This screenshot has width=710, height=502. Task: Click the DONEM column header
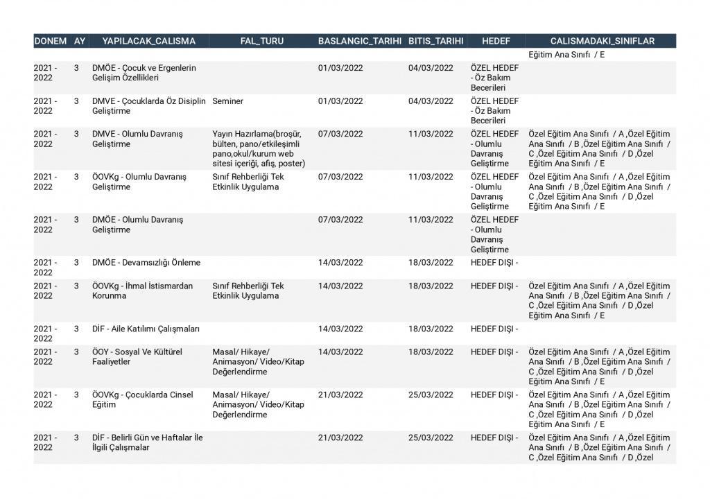click(51, 41)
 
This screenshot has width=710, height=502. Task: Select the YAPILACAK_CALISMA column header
click(149, 41)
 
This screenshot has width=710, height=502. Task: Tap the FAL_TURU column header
click(262, 41)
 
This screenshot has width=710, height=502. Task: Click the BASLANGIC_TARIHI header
click(360, 41)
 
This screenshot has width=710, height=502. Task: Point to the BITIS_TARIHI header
click(436, 41)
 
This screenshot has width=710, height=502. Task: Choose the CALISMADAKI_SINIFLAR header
click(602, 41)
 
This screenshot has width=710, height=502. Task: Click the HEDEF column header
click(496, 41)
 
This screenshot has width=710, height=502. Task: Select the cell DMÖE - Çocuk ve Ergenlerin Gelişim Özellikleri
click(144, 73)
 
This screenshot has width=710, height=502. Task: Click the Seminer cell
click(228, 101)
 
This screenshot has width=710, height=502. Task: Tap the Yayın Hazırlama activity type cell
click(259, 148)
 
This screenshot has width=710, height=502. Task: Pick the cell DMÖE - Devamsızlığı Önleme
click(146, 263)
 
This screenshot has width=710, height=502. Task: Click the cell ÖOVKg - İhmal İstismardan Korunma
click(143, 291)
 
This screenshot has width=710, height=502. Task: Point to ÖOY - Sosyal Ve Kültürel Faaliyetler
click(137, 356)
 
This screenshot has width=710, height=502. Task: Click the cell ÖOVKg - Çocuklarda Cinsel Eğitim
click(143, 399)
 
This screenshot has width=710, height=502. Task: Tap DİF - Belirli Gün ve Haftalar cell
click(148, 442)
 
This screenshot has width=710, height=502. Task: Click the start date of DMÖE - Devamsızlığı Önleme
click(340, 263)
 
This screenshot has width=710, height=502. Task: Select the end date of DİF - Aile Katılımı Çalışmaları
click(431, 329)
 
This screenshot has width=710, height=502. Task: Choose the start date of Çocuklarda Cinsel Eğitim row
click(340, 395)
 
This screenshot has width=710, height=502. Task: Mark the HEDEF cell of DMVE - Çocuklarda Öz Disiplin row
click(494, 111)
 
